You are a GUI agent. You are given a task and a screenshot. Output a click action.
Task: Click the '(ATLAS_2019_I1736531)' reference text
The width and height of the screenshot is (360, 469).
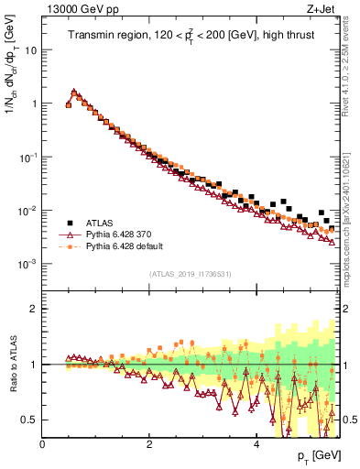pos(191,273)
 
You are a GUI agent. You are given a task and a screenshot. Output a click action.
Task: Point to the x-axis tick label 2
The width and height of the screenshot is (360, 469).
pos(149,444)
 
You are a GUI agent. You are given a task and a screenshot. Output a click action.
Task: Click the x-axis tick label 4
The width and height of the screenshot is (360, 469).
pos(256,444)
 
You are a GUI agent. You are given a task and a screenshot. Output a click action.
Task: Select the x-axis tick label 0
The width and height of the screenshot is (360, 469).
pos(43,444)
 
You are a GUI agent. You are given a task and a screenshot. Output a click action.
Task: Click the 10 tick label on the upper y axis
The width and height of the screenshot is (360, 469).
pos(30,49)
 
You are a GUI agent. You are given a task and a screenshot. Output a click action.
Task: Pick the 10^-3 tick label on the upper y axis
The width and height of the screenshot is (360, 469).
pos(28,264)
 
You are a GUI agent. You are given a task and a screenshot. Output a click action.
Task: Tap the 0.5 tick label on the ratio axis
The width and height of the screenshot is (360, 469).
pos(29,420)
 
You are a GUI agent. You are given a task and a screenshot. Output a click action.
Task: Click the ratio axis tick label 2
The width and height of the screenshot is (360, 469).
pos(34,309)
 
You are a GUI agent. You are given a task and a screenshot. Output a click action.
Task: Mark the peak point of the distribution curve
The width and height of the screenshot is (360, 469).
pos(73,92)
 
